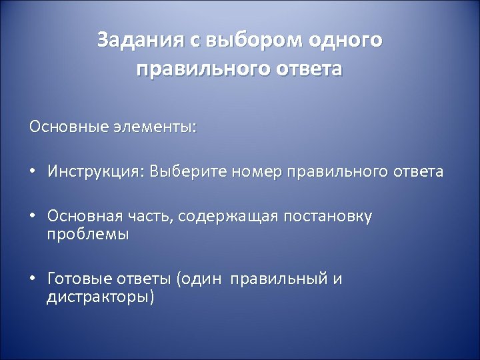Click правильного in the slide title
(200, 69)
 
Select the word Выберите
(189, 172)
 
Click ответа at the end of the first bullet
(417, 172)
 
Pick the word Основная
(85, 217)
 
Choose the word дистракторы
(100, 297)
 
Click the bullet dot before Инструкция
(32, 173)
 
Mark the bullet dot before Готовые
(32, 279)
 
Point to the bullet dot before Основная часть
(32, 217)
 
